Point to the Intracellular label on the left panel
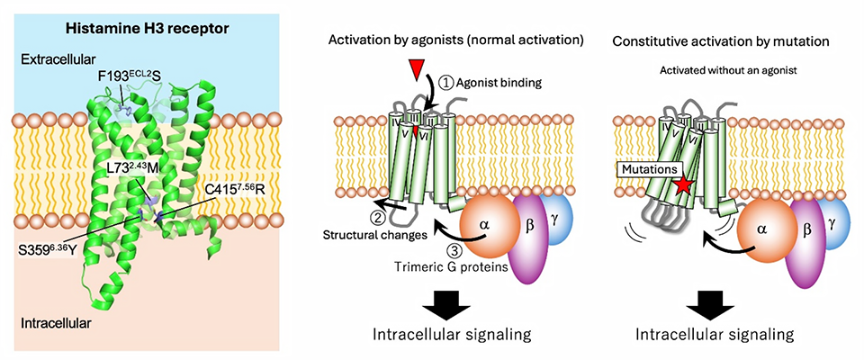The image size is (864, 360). (x=56, y=320)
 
